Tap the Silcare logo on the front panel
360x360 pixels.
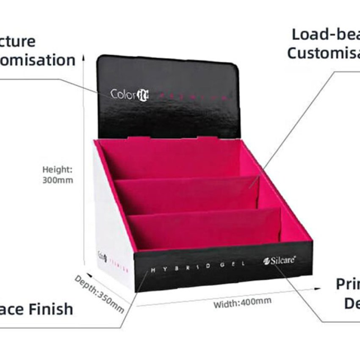point(279,261)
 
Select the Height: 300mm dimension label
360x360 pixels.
point(58,174)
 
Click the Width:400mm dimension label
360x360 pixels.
point(242,302)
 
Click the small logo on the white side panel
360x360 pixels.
point(102,256)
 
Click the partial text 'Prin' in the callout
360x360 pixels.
point(347,284)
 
